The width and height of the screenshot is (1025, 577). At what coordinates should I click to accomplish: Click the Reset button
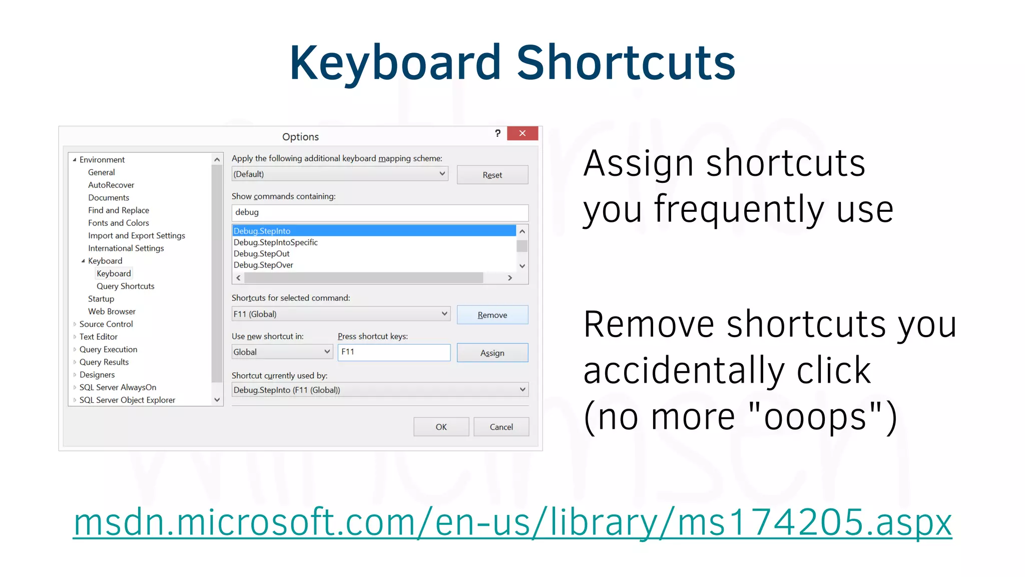pos(492,175)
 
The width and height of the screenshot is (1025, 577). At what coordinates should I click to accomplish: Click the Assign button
pos(492,353)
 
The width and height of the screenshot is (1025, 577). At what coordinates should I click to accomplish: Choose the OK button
pos(441,427)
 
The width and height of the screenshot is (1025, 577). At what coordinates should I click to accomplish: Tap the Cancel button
pos(501,427)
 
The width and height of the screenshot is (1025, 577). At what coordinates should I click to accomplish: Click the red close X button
pos(522,133)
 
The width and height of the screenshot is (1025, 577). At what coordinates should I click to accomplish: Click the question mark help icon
pos(497,133)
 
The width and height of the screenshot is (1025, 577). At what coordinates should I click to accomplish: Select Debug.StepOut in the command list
pos(262,254)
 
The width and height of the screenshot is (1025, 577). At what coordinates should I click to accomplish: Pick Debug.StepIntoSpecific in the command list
pos(276,242)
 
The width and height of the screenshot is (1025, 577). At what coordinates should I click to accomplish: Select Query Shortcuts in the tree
pos(126,286)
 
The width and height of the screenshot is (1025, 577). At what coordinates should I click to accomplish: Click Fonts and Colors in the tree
pos(119,223)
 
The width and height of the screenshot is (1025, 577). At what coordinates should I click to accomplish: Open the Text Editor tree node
pos(99,337)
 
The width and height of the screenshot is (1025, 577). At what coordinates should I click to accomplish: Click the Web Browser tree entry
pos(112,312)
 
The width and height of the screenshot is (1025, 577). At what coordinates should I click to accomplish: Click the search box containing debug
pos(380,212)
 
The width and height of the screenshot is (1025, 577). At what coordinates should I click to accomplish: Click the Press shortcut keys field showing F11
pos(394,352)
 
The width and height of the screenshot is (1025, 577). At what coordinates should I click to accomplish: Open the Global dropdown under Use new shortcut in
pos(282,352)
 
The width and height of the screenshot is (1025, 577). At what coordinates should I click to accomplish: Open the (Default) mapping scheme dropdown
pos(339,174)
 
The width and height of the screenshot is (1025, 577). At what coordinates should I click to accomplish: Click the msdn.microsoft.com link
pos(512,523)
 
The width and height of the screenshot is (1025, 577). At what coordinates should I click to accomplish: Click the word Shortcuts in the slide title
pos(626,63)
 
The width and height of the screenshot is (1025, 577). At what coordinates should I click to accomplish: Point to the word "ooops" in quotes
pos(815,417)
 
